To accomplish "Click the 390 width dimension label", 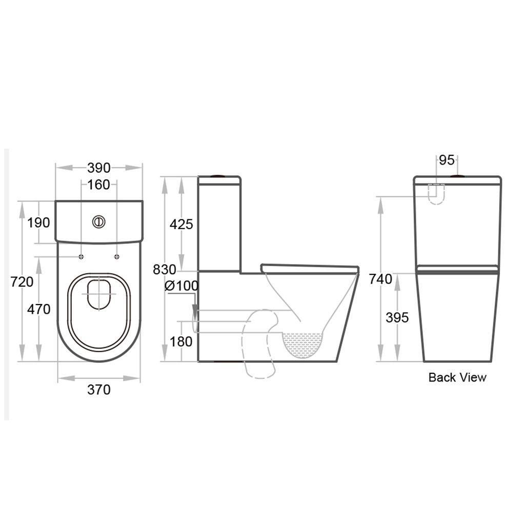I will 98,168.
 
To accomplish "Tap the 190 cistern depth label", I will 39,223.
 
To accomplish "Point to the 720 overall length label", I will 23,281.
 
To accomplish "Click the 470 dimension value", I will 39,309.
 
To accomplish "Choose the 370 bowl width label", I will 98,390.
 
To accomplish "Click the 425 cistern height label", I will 181,224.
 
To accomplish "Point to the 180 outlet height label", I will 181,341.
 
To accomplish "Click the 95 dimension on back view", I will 447,160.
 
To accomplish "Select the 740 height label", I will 381,279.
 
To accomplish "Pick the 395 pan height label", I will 397,317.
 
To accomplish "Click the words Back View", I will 457,378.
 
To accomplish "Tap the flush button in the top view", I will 98,221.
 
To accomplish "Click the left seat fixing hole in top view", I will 81,256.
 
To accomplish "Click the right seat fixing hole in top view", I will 116,256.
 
